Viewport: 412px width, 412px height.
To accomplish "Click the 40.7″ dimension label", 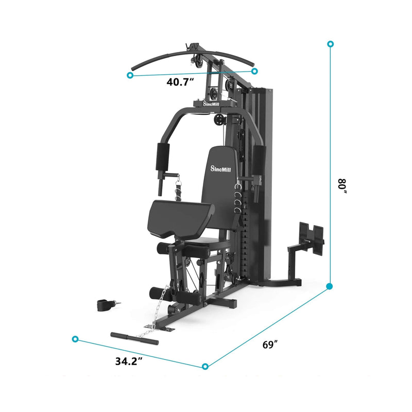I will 180,81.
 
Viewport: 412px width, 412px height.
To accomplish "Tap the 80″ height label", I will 341,186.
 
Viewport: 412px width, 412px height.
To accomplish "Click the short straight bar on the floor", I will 134,338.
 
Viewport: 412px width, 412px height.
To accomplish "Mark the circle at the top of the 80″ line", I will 330,44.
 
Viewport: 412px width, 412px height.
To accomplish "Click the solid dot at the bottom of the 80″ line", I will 330,286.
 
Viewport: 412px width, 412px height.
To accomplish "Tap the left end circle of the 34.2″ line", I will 76,339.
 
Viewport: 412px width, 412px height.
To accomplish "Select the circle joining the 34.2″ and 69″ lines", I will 205,367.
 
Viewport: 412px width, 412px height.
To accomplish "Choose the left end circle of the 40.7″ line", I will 130,75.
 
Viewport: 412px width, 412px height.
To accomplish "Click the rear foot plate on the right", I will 311,234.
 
